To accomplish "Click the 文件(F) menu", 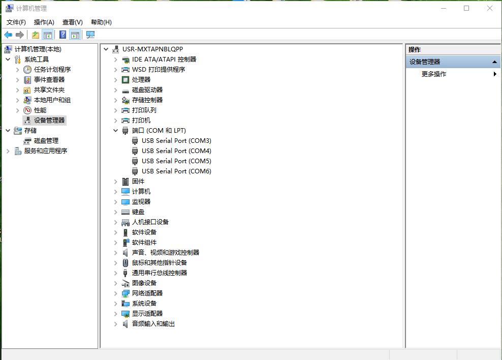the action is click(x=16, y=22).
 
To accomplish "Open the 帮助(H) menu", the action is click(x=101, y=22).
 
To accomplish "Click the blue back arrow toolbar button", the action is click(x=8, y=35).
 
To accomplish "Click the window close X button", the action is click(x=489, y=8).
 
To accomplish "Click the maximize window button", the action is click(x=466, y=8).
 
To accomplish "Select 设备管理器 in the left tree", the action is click(x=49, y=121).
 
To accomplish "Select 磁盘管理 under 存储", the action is click(x=46, y=141).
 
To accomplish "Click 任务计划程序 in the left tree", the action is click(x=52, y=70).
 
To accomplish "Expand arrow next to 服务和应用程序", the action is click(x=8, y=151).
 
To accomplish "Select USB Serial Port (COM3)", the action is click(x=176, y=141).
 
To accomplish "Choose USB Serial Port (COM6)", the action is click(x=176, y=171).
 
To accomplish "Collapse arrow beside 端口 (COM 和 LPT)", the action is click(x=115, y=130).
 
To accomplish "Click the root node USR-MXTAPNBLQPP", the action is click(x=153, y=49).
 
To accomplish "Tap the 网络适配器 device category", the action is click(x=147, y=293).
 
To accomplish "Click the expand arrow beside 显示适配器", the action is click(x=115, y=314).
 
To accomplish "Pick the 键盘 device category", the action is click(x=138, y=212).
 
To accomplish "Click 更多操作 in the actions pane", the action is click(x=434, y=74).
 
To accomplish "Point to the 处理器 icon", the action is click(x=125, y=80).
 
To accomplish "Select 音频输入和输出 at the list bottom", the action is click(x=153, y=324).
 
